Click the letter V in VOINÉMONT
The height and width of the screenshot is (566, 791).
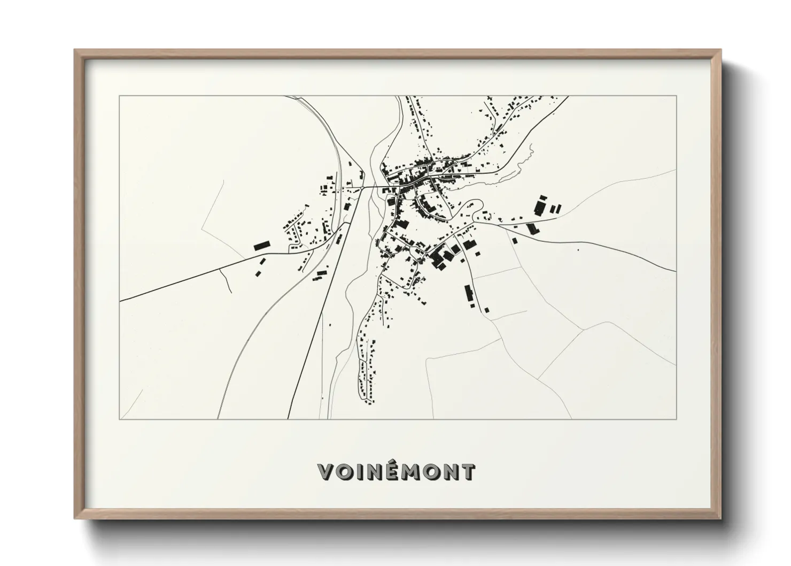pos(327,472)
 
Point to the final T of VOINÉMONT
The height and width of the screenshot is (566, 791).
pos(467,472)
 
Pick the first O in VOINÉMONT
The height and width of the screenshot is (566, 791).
pos(345,472)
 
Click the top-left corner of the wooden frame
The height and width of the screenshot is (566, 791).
pos(75,50)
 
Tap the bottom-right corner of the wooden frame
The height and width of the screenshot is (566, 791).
pos(720,518)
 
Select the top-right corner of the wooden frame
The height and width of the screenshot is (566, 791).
pos(720,50)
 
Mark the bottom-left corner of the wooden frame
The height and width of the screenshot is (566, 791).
pos(75,518)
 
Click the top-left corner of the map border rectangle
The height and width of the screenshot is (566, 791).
pos(120,96)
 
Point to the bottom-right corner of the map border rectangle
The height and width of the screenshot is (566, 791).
pos(676,419)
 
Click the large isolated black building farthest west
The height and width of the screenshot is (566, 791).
pos(261,246)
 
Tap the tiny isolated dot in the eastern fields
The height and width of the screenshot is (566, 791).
pos(578,249)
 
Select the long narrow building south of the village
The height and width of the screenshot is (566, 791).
pos(469,295)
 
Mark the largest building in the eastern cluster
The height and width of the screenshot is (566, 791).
pos(541,206)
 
